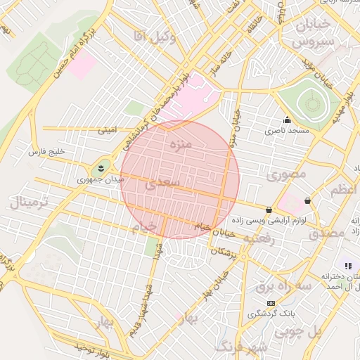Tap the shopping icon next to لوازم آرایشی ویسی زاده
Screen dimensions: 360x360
click(269, 210)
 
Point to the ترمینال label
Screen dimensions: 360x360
click(28, 203)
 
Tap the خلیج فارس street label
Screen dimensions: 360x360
click(46, 152)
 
